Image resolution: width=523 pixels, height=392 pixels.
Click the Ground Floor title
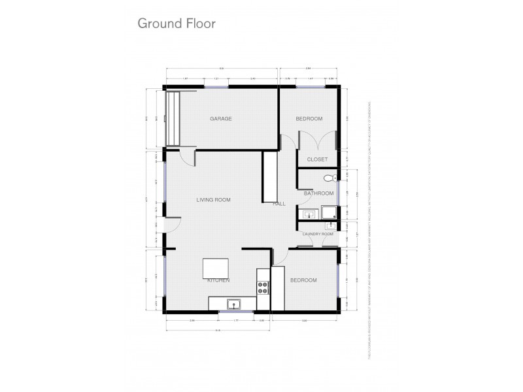pyautogui.click(x=176, y=24)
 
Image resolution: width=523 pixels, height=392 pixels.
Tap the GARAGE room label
pyautogui.click(x=221, y=119)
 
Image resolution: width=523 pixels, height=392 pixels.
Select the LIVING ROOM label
pyautogui.click(x=214, y=200)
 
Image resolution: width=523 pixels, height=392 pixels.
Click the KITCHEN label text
pyautogui.click(x=218, y=280)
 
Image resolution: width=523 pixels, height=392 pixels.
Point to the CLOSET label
pyautogui.click(x=317, y=159)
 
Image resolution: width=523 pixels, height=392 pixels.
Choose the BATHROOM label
pyautogui.click(x=318, y=193)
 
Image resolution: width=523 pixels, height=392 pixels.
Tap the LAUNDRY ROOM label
pyautogui.click(x=318, y=234)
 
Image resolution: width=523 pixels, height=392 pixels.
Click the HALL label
pyautogui.click(x=279, y=204)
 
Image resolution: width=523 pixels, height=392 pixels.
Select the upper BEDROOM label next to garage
pyautogui.click(x=309, y=119)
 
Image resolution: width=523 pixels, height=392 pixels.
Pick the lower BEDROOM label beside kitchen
pyautogui.click(x=303, y=280)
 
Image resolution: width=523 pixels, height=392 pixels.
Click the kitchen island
pyautogui.click(x=216, y=269)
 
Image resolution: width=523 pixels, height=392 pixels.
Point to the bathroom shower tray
pyautogui.click(x=328, y=212)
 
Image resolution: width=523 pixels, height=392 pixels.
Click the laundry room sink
pyautogui.click(x=330, y=226)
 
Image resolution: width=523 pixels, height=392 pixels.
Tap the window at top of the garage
pyautogui.click(x=216, y=87)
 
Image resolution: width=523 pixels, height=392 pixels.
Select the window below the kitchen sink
pyautogui.click(x=235, y=312)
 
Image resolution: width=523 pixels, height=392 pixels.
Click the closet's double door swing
pyautogui.click(x=317, y=141)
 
